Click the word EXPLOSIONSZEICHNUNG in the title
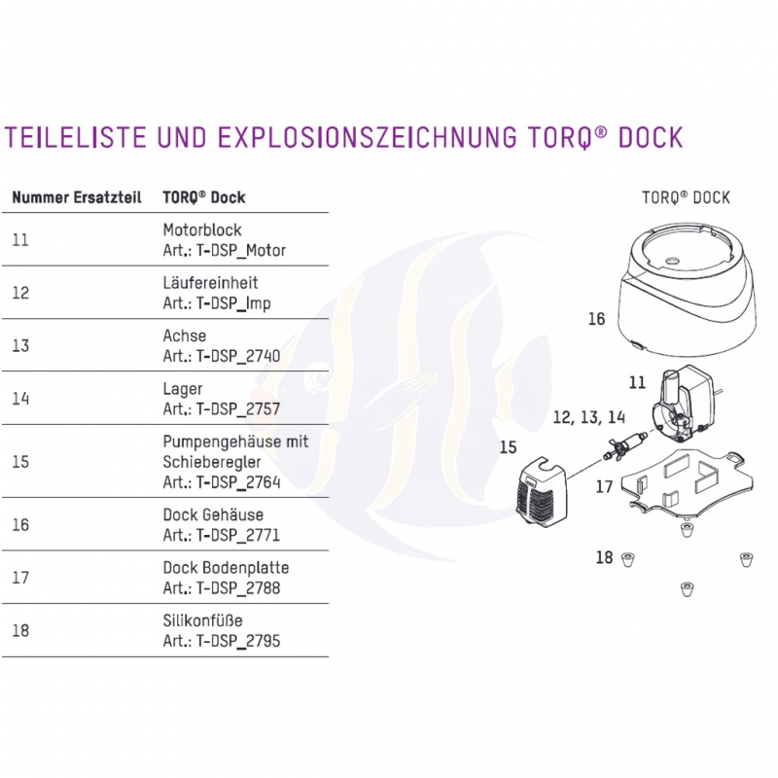367,137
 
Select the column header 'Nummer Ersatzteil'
77,197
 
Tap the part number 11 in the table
20,240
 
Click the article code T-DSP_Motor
241,250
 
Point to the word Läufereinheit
210,282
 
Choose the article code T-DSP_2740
238,356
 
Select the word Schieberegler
212,462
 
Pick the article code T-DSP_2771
238,535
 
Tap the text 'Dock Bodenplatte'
226,568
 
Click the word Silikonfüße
202,620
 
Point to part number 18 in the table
20,630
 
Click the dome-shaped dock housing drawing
687,289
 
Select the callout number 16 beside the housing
596,319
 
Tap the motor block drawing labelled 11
684,404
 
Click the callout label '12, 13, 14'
589,417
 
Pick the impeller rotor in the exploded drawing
623,444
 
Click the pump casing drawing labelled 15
541,495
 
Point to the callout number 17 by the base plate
604,487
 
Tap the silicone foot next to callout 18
628,560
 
